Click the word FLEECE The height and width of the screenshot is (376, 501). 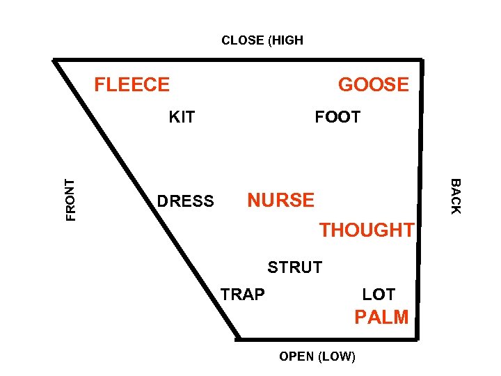(132, 85)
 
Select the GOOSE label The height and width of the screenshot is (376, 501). (374, 85)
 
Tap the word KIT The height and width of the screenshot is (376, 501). (182, 117)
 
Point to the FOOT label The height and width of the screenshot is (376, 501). (337, 117)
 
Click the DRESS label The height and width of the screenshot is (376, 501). (185, 202)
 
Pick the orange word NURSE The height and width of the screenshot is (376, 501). (281, 201)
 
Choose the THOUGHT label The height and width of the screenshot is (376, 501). (366, 230)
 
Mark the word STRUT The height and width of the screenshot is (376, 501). (295, 267)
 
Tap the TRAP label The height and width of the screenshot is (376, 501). (243, 295)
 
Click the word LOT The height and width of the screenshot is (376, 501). (379, 295)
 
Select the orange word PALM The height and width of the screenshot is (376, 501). (381, 318)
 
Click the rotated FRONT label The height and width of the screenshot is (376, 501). (70, 200)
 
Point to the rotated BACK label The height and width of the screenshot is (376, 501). (455, 196)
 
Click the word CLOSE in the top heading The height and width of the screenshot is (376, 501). (242, 40)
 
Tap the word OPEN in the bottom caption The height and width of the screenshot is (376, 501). (296, 357)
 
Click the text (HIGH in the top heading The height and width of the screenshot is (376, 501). (285, 40)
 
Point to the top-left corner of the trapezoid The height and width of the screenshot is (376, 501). (56, 60)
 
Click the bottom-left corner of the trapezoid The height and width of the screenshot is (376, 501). (237, 339)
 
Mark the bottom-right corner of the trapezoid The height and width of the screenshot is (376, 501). (420, 338)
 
